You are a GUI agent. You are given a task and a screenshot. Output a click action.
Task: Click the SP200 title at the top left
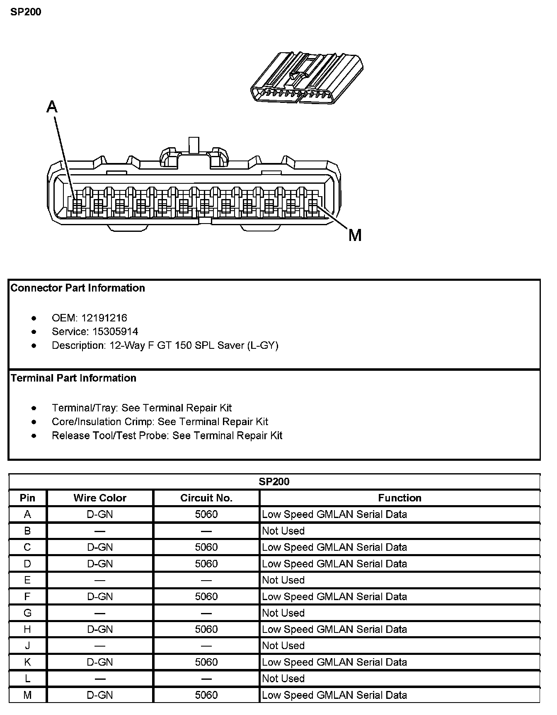pyautogui.click(x=26, y=12)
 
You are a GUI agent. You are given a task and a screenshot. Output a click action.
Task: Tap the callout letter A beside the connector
pyautogui.click(x=52, y=107)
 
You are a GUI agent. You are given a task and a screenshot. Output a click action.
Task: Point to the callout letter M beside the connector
pyautogui.click(x=355, y=236)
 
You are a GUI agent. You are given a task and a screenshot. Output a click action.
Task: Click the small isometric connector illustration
pyautogui.click(x=307, y=79)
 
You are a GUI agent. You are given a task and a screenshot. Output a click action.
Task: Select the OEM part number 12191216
pyautogui.click(x=104, y=318)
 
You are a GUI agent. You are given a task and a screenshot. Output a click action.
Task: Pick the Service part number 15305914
pyautogui.click(x=109, y=332)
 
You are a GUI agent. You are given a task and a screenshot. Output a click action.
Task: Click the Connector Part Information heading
pyautogui.click(x=77, y=288)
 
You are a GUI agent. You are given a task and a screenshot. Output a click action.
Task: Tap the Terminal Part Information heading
pyautogui.click(x=73, y=378)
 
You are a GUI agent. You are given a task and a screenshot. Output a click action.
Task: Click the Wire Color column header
pyautogui.click(x=100, y=498)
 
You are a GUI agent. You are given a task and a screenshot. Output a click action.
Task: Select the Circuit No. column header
pyautogui.click(x=206, y=498)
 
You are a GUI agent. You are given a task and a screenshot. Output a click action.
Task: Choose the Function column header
pyautogui.click(x=400, y=498)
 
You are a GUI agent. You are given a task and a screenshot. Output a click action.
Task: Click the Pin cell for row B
pyautogui.click(x=27, y=531)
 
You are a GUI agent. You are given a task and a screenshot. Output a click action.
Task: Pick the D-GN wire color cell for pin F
pyautogui.click(x=100, y=597)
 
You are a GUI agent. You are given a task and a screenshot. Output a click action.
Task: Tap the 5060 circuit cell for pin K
pyautogui.click(x=206, y=662)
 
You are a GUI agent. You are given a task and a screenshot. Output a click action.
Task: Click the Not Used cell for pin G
pyautogui.click(x=283, y=613)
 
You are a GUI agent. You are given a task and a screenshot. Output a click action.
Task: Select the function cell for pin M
pyautogui.click(x=334, y=695)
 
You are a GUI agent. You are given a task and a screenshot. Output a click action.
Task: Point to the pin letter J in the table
pyautogui.click(x=27, y=646)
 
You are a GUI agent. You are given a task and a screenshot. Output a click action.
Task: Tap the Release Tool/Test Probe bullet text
pyautogui.click(x=167, y=435)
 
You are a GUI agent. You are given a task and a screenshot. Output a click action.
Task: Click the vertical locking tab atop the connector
pyautogui.click(x=194, y=145)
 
